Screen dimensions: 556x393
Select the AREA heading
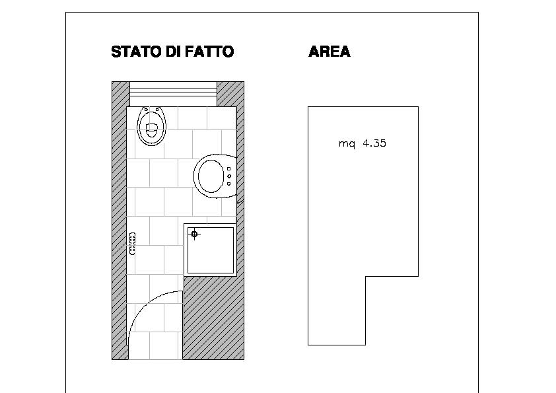330,52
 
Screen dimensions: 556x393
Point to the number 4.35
374,143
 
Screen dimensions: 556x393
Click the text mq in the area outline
347,144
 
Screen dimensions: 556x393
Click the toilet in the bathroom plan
151,126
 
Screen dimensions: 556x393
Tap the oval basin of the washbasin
211,176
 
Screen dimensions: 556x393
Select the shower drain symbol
194,234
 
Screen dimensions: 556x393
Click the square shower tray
210,250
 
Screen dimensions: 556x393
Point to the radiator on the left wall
132,244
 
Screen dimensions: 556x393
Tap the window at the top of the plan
173,94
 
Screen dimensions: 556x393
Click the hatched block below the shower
213,318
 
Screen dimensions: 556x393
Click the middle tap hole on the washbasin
229,176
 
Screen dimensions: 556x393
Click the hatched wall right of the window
230,94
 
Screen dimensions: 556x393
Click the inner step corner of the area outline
366,276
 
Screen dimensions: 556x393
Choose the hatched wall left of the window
121,94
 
